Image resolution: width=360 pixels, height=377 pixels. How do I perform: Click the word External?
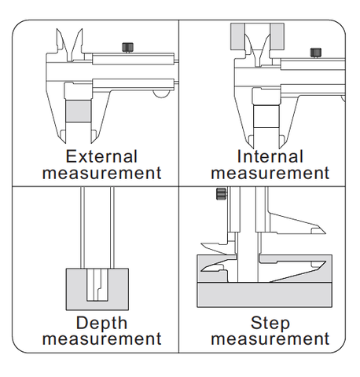pyautogui.click(x=101, y=156)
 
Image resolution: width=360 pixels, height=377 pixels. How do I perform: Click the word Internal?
pyautogui.click(x=270, y=156)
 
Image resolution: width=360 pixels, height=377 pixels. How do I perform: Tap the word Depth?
pyautogui.click(x=101, y=324)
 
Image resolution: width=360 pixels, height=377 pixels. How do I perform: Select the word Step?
pyautogui.click(x=270, y=324)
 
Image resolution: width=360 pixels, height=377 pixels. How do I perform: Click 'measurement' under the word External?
pyautogui.click(x=101, y=173)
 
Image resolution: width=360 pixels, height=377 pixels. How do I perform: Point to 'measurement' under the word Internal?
pyautogui.click(x=270, y=173)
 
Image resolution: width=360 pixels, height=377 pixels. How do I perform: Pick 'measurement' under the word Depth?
pyautogui.click(x=101, y=339)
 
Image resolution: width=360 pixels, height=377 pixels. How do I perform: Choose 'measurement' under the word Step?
pyautogui.click(x=270, y=339)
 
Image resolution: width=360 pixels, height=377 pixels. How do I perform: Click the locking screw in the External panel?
pyautogui.click(x=127, y=47)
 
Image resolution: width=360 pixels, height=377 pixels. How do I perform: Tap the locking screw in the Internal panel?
pyautogui.click(x=316, y=53)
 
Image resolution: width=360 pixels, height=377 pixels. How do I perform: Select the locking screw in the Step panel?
pyautogui.click(x=222, y=194)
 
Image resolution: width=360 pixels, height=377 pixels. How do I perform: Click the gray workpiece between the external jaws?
pyautogui.click(x=79, y=111)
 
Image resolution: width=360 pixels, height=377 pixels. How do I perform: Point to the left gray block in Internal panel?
pyautogui.click(x=237, y=36)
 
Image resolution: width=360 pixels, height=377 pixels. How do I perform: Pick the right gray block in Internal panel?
pyautogui.click(x=277, y=36)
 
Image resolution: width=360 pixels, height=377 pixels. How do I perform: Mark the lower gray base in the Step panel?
pyautogui.click(x=265, y=295)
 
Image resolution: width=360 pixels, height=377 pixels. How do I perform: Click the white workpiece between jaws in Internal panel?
pyautogui.click(x=266, y=116)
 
